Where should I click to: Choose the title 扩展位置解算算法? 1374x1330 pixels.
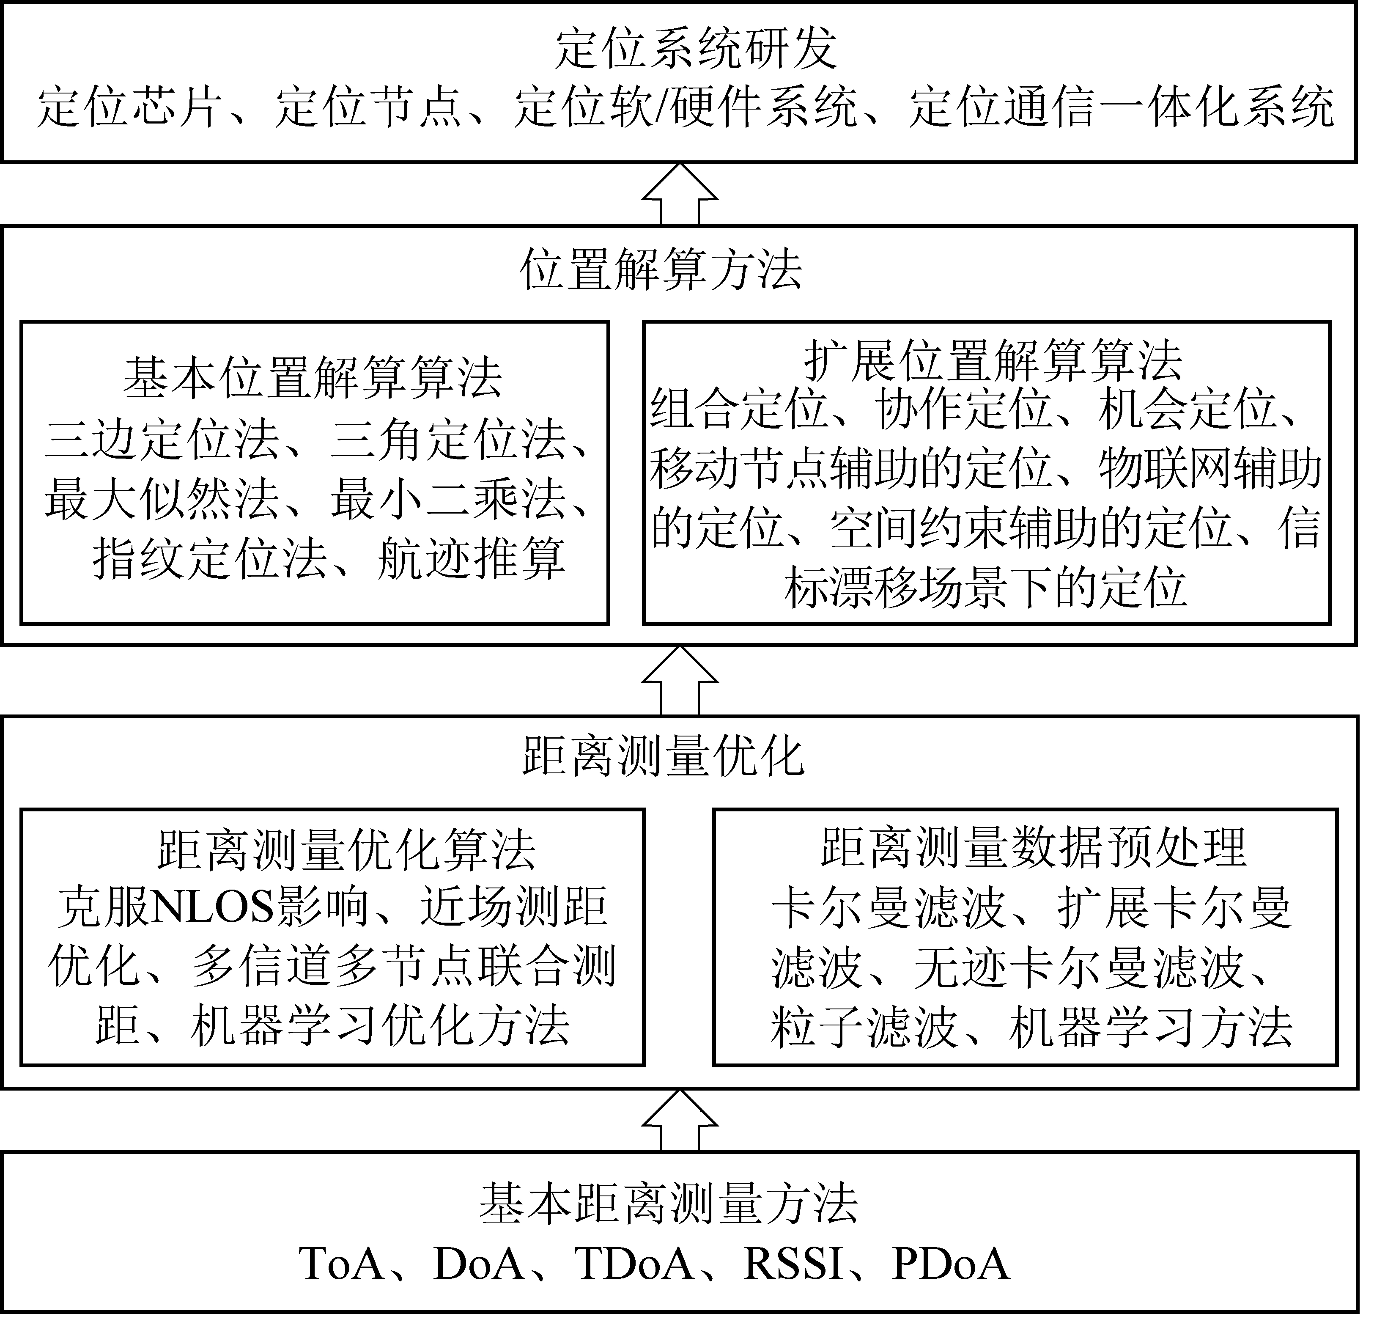coord(993,360)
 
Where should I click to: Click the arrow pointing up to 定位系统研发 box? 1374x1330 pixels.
coord(680,194)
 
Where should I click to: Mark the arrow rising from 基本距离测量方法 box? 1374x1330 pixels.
coord(680,1120)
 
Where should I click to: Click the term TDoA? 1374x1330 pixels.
coord(634,1264)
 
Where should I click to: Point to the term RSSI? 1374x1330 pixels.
coord(793,1264)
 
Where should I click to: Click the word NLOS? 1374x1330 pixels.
coord(212,907)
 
